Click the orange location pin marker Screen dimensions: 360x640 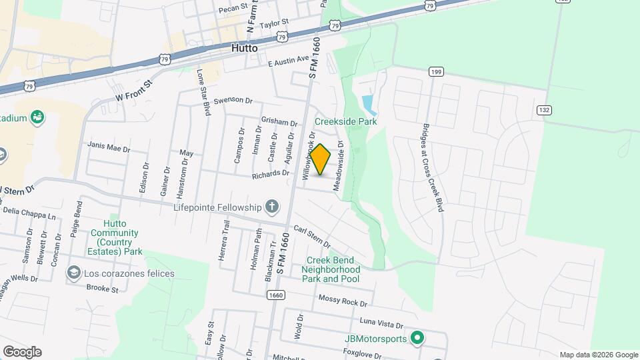click(321, 159)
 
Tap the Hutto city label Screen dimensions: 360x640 click(245, 48)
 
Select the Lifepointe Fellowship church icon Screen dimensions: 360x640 click(272, 207)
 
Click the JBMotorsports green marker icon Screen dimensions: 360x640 click(417, 339)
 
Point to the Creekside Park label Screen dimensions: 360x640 click(346, 121)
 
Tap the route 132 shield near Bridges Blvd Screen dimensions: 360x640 click(544, 109)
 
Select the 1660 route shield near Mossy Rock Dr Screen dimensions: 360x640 click(276, 294)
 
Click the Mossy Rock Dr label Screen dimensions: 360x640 click(343, 301)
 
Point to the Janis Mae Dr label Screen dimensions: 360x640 click(109, 147)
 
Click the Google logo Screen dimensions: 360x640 click(22, 352)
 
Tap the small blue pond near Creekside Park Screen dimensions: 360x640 click(367, 104)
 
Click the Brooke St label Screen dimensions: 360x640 click(102, 289)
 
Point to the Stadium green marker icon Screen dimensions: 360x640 click(37, 118)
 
